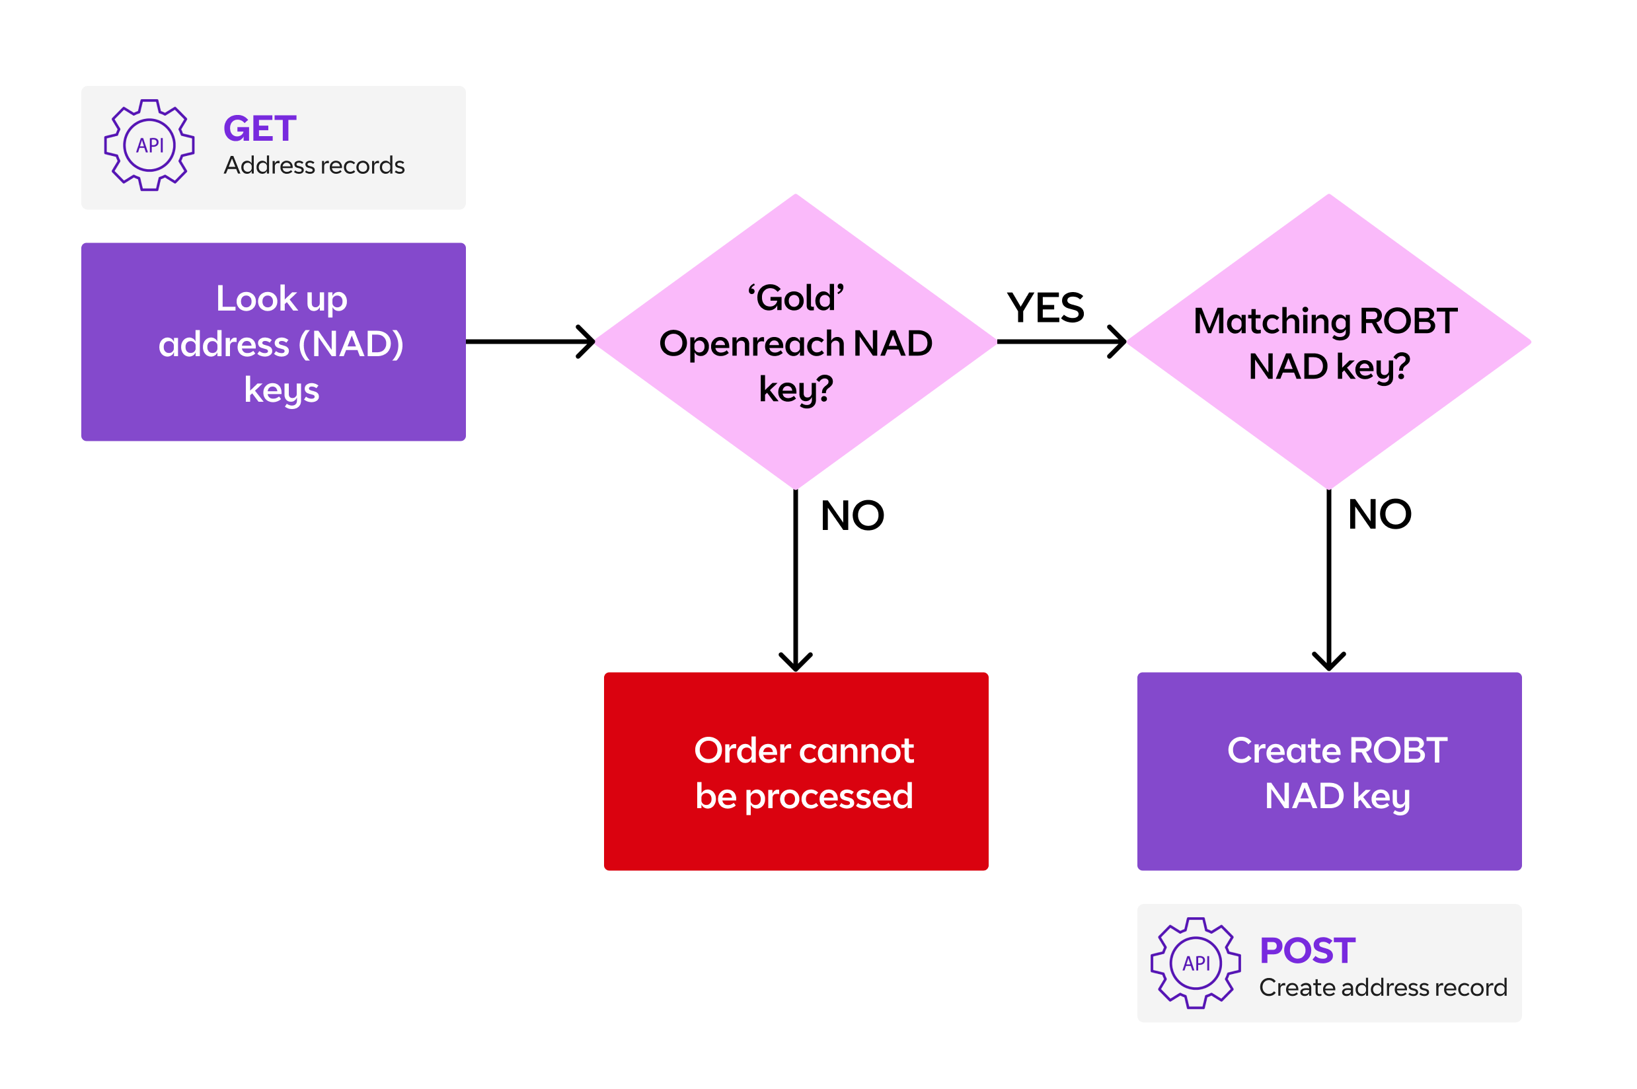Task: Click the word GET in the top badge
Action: click(260, 129)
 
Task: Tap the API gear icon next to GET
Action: click(149, 145)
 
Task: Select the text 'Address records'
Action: click(314, 166)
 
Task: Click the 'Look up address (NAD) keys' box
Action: click(273, 342)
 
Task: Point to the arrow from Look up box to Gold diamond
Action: click(528, 342)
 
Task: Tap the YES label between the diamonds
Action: click(1046, 309)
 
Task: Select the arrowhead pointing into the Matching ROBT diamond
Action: click(1117, 342)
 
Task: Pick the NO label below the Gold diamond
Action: click(852, 516)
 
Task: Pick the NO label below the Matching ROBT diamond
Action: click(1379, 515)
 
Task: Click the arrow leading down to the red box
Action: click(795, 576)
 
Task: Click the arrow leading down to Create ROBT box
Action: click(1328, 576)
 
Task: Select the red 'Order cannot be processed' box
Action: click(796, 771)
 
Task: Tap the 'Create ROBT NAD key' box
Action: click(1328, 771)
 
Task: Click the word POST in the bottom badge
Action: click(1307, 951)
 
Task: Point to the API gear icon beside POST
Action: click(1196, 963)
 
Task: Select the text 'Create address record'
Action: click(1383, 988)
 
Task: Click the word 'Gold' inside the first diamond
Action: click(796, 299)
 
